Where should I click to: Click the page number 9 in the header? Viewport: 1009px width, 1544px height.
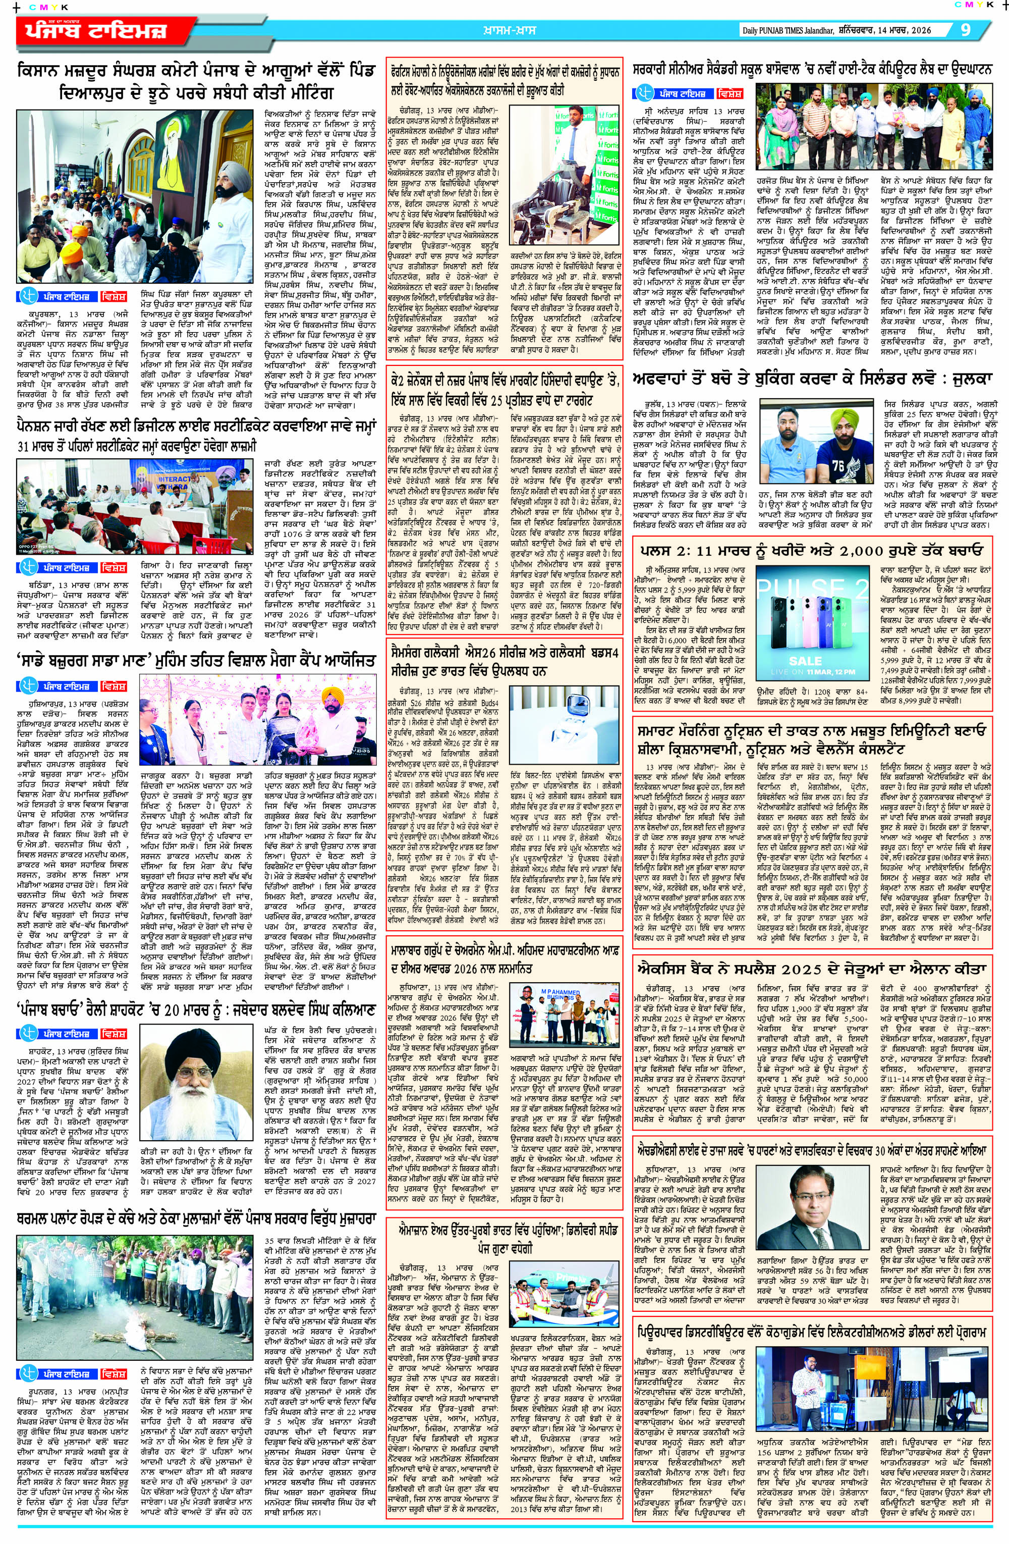[966, 30]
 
